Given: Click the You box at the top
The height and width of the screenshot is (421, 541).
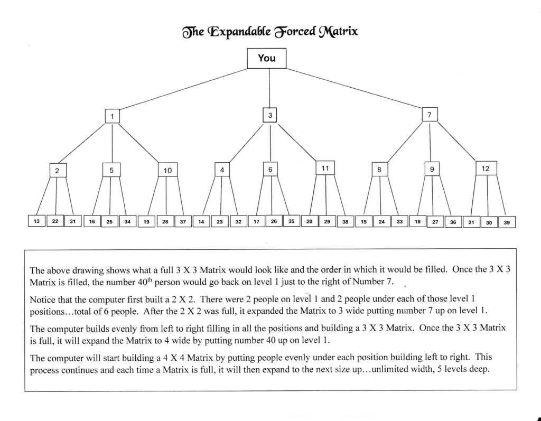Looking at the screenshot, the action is (x=266, y=58).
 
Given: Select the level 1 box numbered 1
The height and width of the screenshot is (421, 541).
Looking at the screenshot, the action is (x=112, y=116).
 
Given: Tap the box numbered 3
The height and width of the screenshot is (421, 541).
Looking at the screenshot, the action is (x=270, y=115).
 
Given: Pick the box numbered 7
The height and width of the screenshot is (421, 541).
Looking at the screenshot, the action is (x=430, y=115).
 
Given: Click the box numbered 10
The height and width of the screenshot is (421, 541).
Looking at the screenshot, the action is (x=167, y=170).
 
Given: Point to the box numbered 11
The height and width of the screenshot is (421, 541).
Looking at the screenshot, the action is (x=325, y=168).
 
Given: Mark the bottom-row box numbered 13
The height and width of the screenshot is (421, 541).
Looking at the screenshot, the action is (x=36, y=221).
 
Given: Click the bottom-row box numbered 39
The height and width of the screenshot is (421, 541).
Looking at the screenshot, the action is (x=507, y=222).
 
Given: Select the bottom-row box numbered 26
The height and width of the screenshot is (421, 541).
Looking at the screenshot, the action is (x=274, y=221).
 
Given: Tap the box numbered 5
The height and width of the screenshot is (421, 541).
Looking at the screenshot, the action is (x=111, y=170).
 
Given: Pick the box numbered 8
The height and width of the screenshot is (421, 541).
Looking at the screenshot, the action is (x=379, y=170).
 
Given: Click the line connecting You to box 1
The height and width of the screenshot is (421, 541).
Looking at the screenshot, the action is (x=183, y=89).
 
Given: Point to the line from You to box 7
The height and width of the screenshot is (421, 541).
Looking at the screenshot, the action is (x=355, y=88).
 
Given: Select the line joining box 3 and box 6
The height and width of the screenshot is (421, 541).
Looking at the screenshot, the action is (x=270, y=142).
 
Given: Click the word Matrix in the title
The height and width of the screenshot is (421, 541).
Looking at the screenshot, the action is (x=338, y=32).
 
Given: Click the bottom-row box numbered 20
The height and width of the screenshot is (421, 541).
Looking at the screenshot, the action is (x=310, y=221).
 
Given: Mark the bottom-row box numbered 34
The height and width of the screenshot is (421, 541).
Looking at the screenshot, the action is (x=128, y=221).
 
